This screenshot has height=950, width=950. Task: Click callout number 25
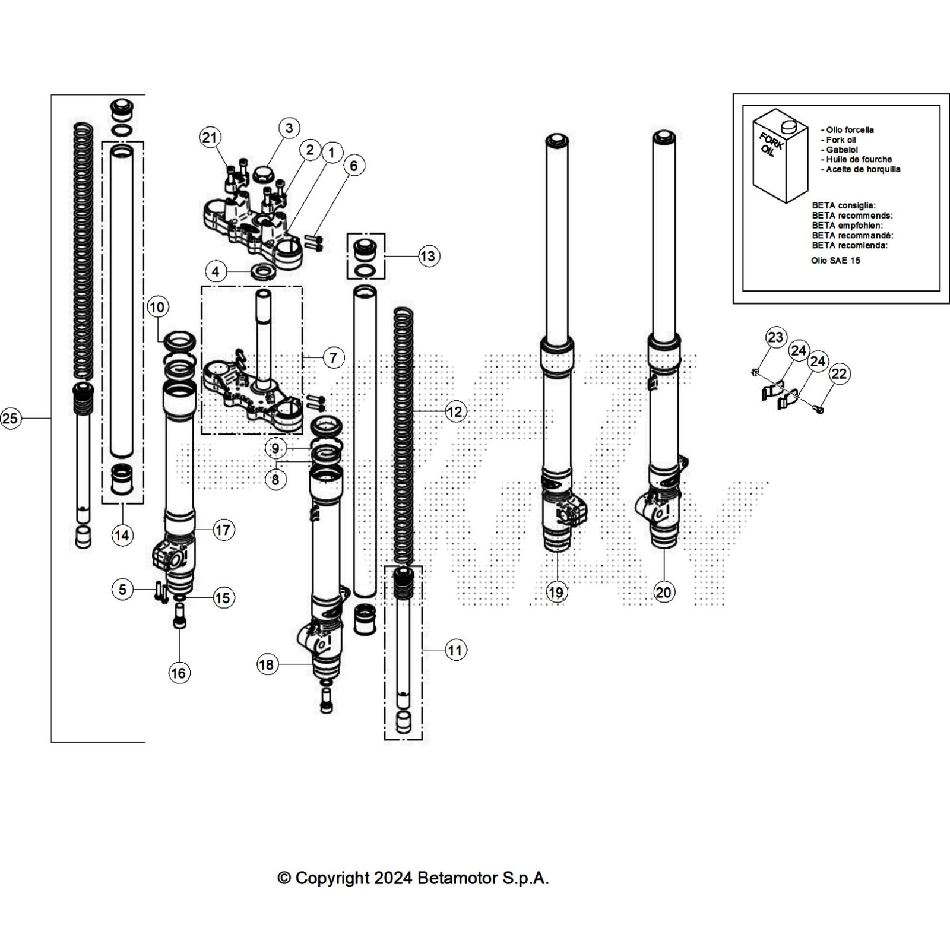tap(10, 419)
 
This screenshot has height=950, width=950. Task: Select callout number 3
tap(289, 128)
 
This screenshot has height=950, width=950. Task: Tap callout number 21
tap(210, 138)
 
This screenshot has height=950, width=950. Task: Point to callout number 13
tap(427, 256)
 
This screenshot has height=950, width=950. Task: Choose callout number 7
tap(334, 358)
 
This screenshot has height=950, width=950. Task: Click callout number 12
tap(455, 412)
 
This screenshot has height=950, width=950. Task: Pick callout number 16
tap(178, 673)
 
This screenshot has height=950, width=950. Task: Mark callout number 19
tap(556, 592)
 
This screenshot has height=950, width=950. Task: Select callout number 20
tap(663, 592)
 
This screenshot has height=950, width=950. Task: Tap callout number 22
tap(839, 374)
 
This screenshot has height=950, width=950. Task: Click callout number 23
tap(775, 338)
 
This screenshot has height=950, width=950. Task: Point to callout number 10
tap(157, 307)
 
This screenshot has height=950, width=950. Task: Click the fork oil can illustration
tap(780, 156)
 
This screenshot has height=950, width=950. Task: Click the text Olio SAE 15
tap(835, 261)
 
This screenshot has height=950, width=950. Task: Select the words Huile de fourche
tap(859, 159)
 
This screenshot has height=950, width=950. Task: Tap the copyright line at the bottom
tap(413, 878)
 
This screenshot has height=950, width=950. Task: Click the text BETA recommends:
tap(852, 216)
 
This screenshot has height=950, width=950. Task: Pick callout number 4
tap(216, 272)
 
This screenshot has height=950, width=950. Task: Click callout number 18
tap(267, 664)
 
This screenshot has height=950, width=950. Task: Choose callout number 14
tap(122, 536)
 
